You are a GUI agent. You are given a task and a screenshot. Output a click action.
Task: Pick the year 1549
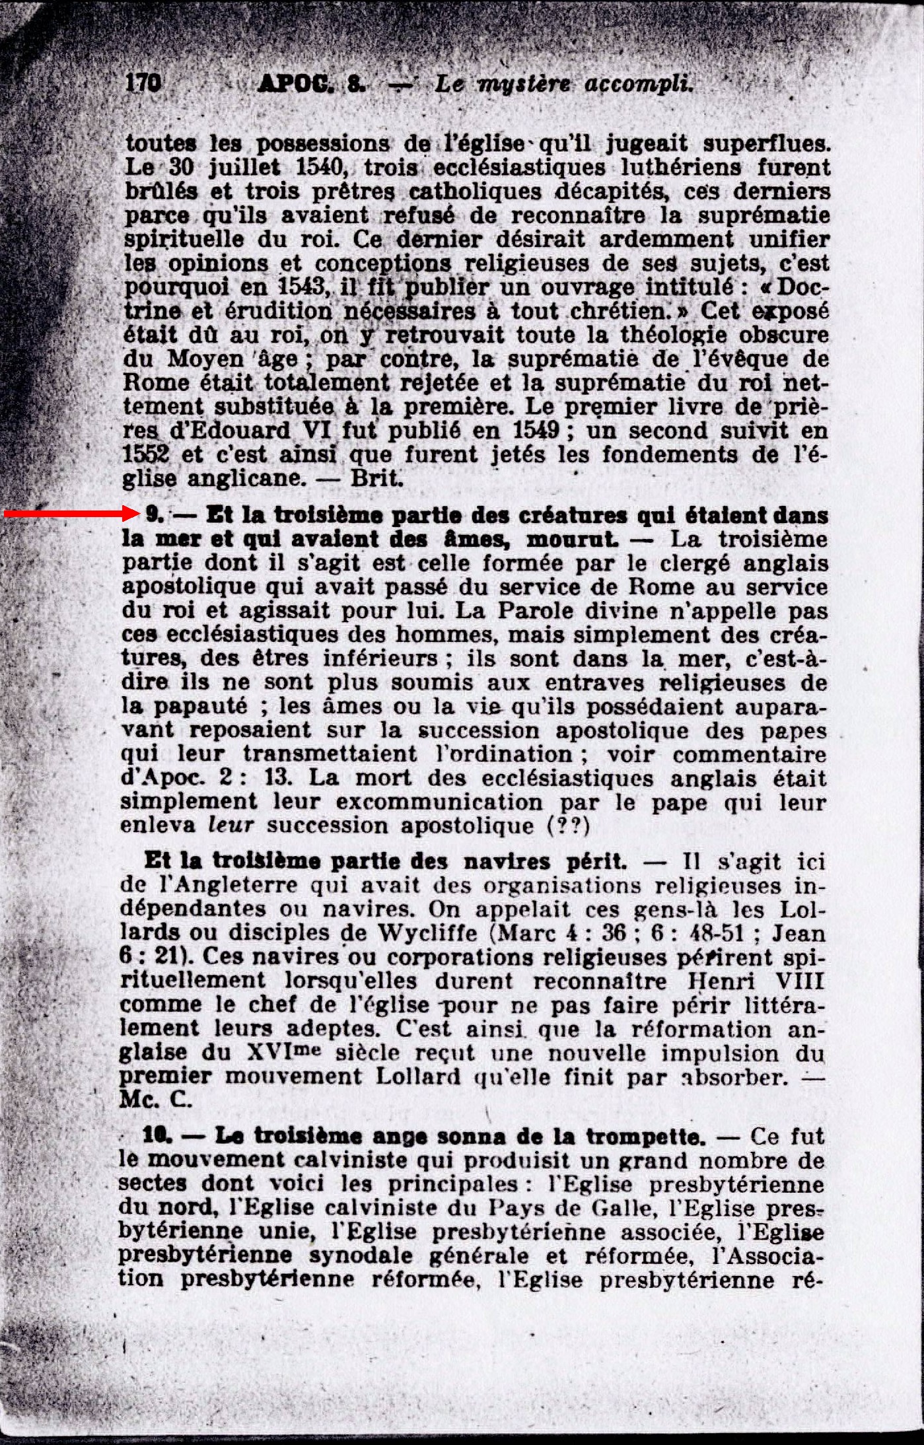click(x=540, y=431)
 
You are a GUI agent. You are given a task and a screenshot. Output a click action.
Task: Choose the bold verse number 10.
click(x=157, y=1136)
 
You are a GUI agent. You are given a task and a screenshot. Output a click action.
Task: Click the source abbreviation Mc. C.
click(x=156, y=1100)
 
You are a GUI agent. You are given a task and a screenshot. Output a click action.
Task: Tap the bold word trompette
click(x=645, y=1137)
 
